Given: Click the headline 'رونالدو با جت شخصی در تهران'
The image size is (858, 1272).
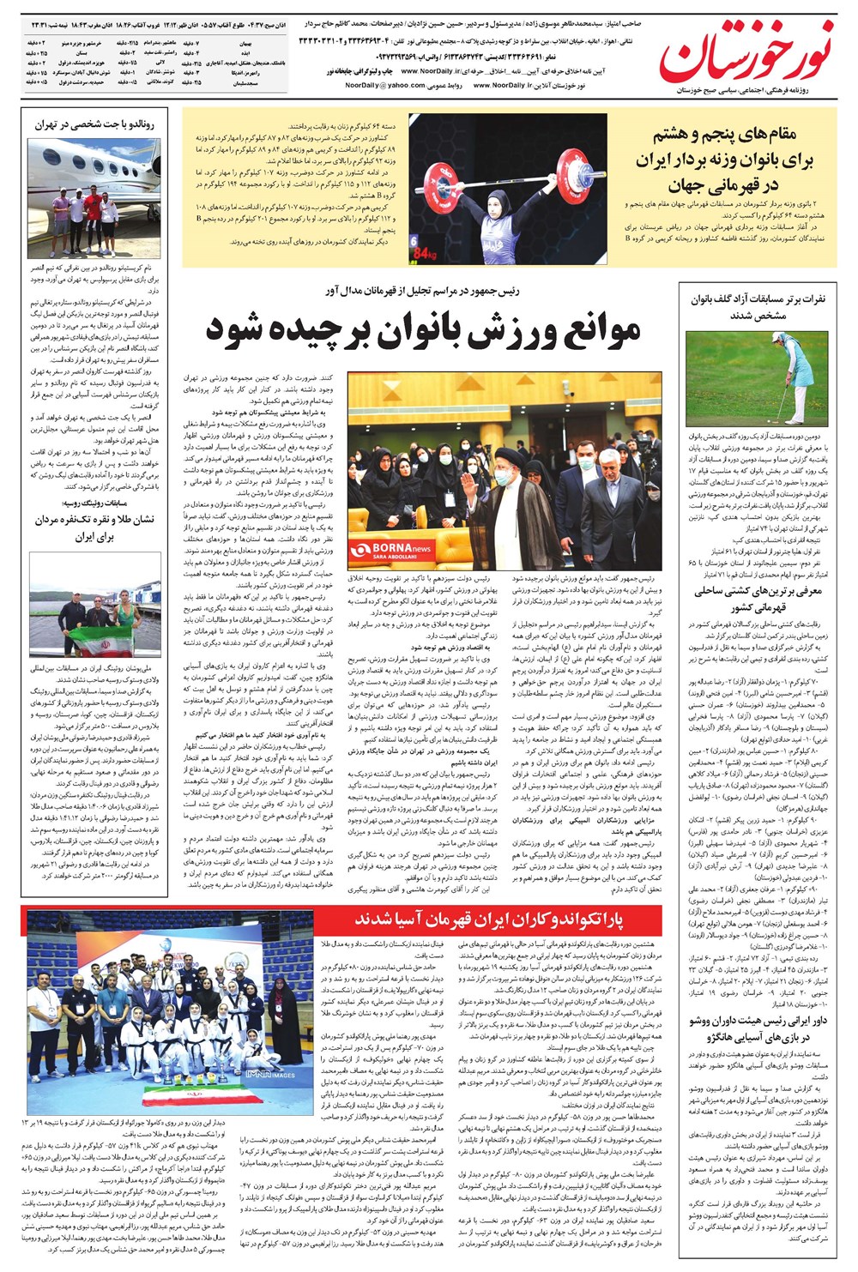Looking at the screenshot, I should [x=94, y=124].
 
